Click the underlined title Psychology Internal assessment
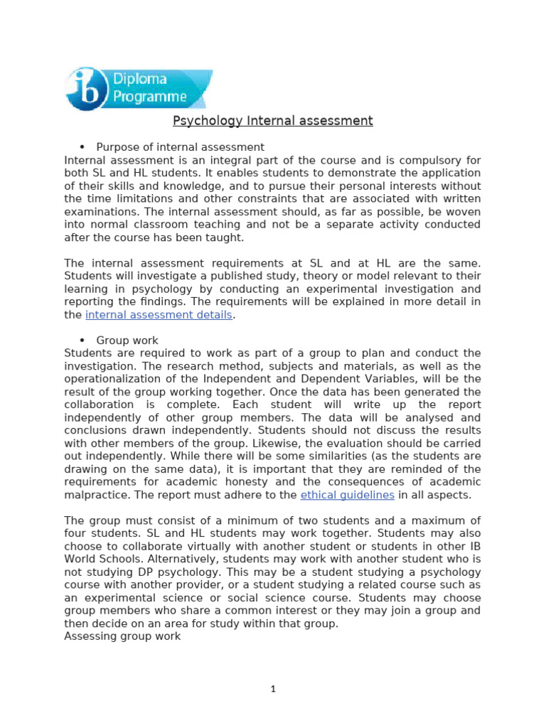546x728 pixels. (x=273, y=121)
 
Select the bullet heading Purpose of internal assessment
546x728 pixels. (x=180, y=147)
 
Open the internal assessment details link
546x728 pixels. (x=159, y=315)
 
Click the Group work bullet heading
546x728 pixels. (x=127, y=341)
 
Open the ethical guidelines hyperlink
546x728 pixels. (x=347, y=495)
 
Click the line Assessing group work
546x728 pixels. (x=122, y=636)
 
